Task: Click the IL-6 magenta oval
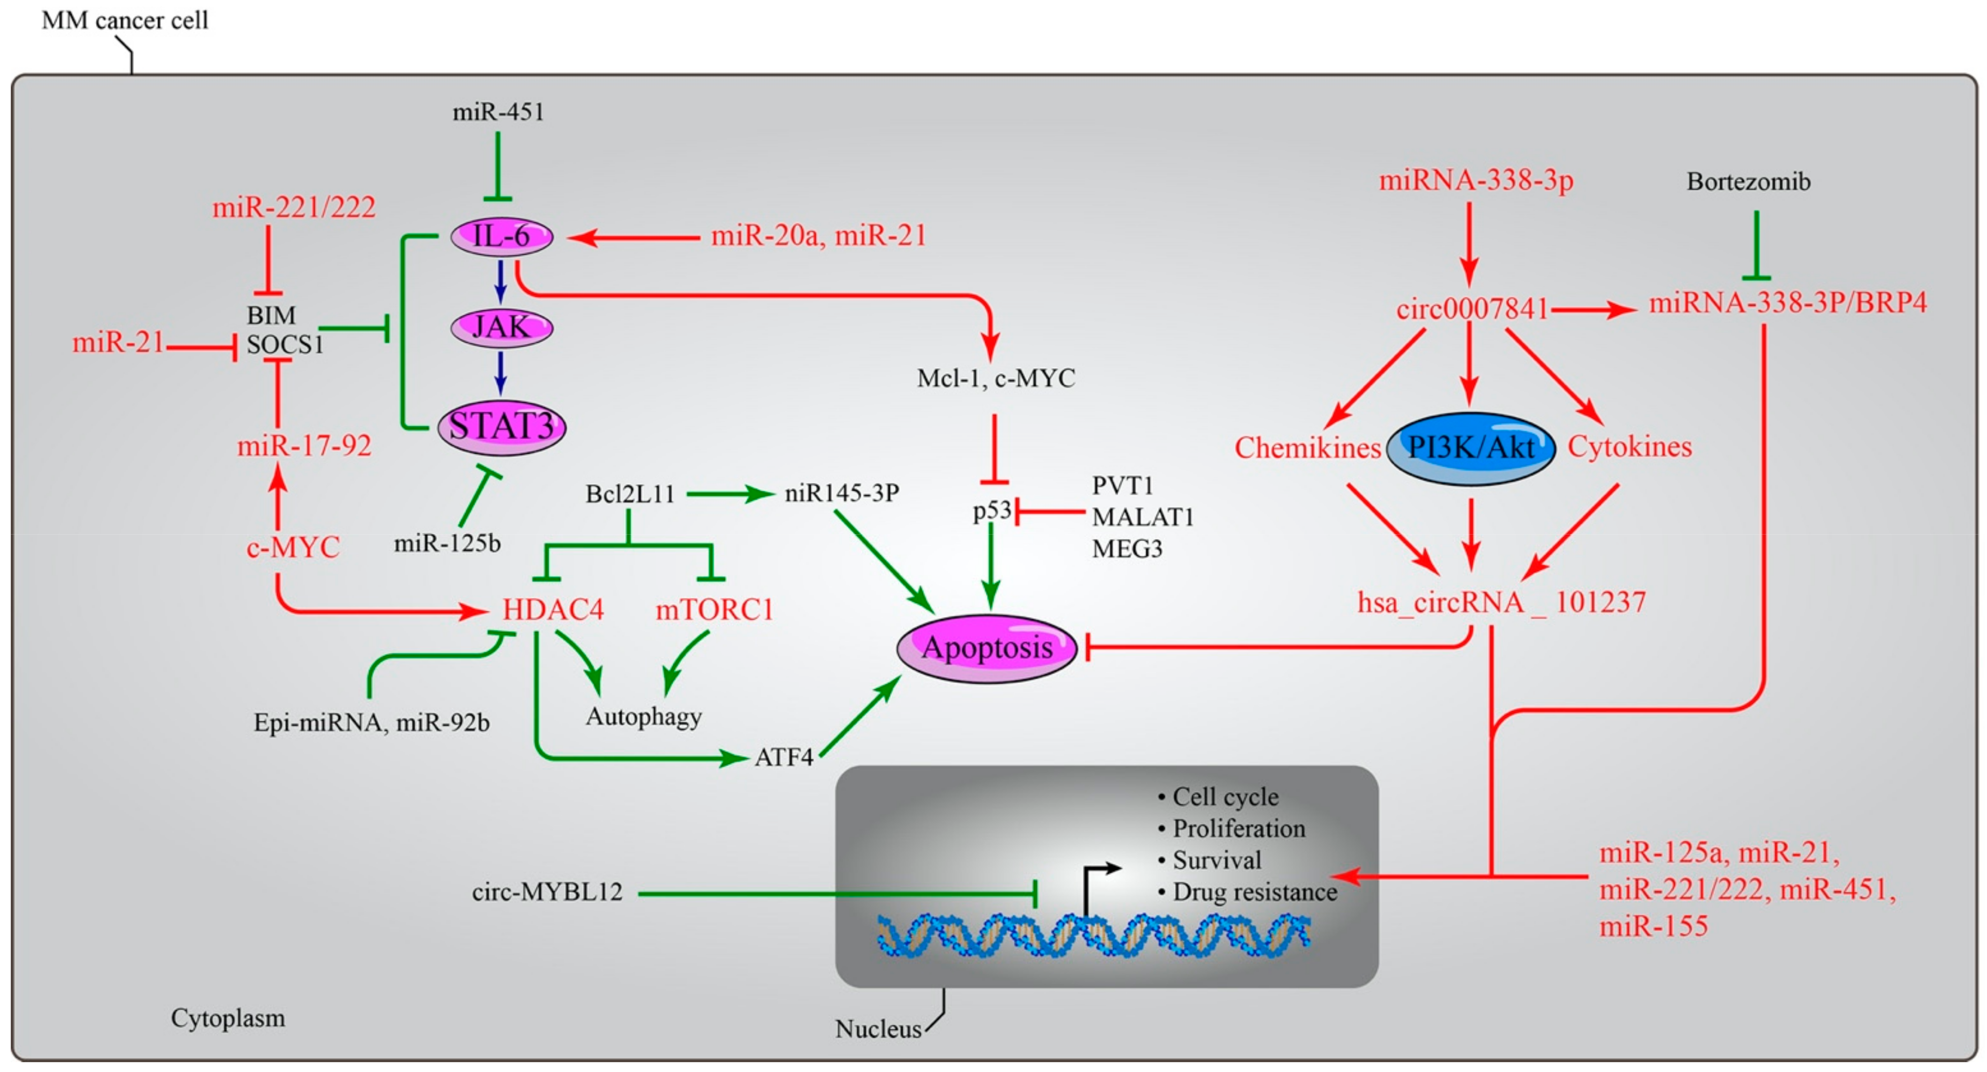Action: point(502,236)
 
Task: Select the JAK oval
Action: point(502,328)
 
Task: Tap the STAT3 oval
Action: point(502,426)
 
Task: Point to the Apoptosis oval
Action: point(987,648)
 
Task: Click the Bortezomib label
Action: point(1748,182)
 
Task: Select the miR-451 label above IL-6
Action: point(498,113)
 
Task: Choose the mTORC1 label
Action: point(714,610)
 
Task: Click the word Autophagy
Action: point(643,717)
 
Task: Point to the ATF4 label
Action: point(783,757)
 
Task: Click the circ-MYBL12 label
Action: point(547,892)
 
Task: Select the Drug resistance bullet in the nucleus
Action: point(1254,892)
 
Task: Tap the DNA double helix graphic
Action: point(1093,935)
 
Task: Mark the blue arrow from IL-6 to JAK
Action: point(501,281)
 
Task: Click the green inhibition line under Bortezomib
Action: point(1757,245)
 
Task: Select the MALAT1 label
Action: point(1142,517)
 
